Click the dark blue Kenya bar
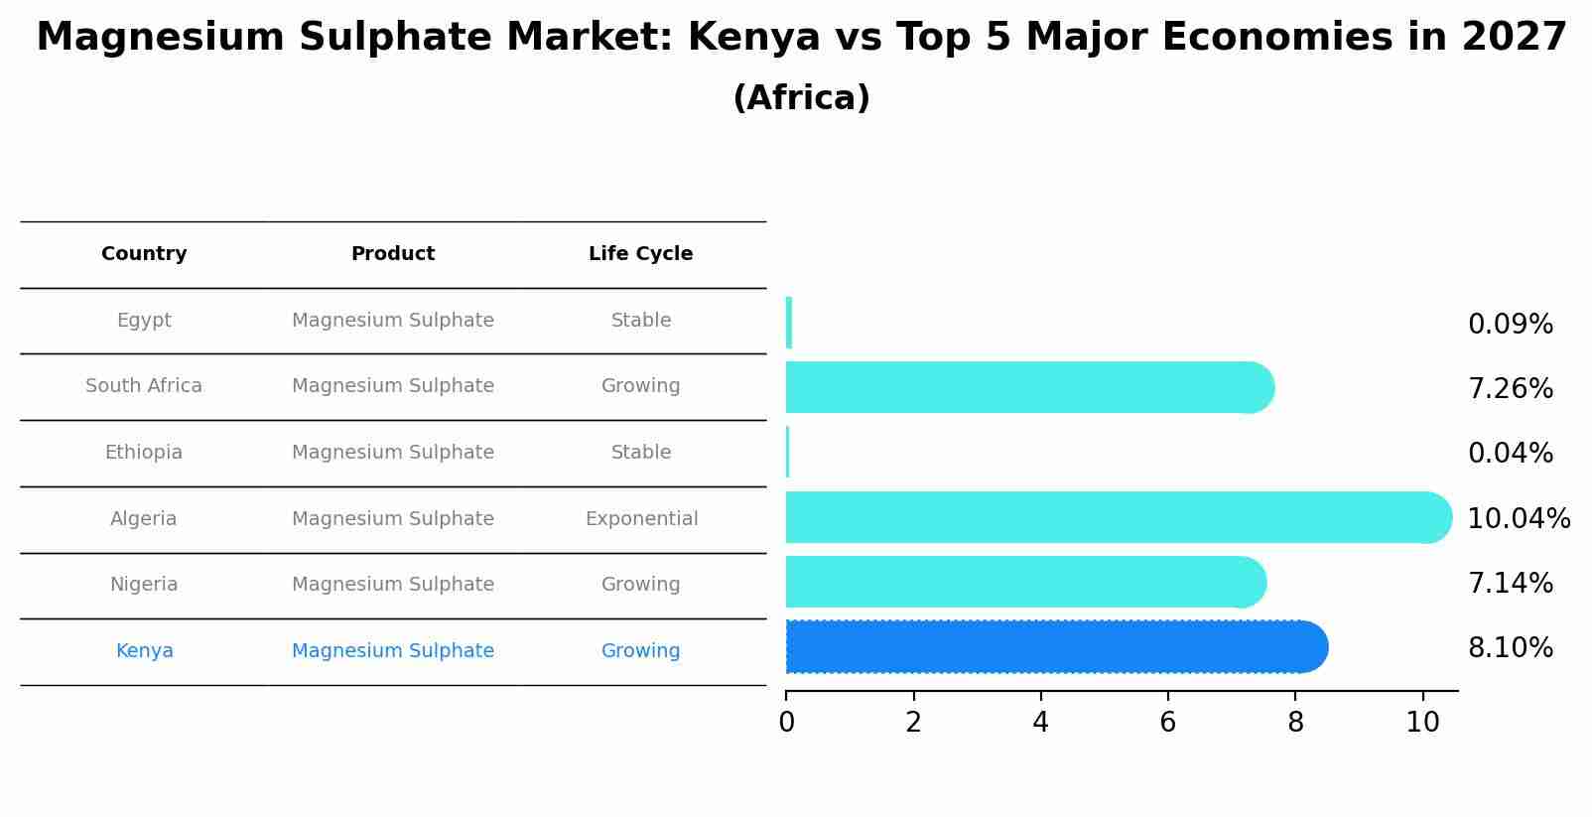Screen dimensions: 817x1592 point(1052,647)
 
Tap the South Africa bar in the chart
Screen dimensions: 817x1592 point(1022,387)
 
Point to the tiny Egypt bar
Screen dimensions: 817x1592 point(789,323)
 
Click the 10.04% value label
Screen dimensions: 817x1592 point(1518,519)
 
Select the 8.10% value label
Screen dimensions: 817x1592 point(1510,648)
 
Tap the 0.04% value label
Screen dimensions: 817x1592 point(1510,454)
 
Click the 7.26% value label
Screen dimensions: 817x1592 point(1510,389)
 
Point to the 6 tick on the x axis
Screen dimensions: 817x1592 point(1168,722)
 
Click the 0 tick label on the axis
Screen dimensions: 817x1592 point(786,722)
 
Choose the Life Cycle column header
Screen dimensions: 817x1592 point(640,254)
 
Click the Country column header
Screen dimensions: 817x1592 point(144,254)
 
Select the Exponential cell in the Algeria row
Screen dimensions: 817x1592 point(641,519)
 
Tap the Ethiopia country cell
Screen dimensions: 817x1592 point(144,453)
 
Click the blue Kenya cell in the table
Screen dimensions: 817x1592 point(144,651)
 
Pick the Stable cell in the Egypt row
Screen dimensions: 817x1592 point(641,321)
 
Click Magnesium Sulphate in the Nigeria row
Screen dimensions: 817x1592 point(393,585)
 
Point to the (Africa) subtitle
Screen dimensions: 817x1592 point(801,98)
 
